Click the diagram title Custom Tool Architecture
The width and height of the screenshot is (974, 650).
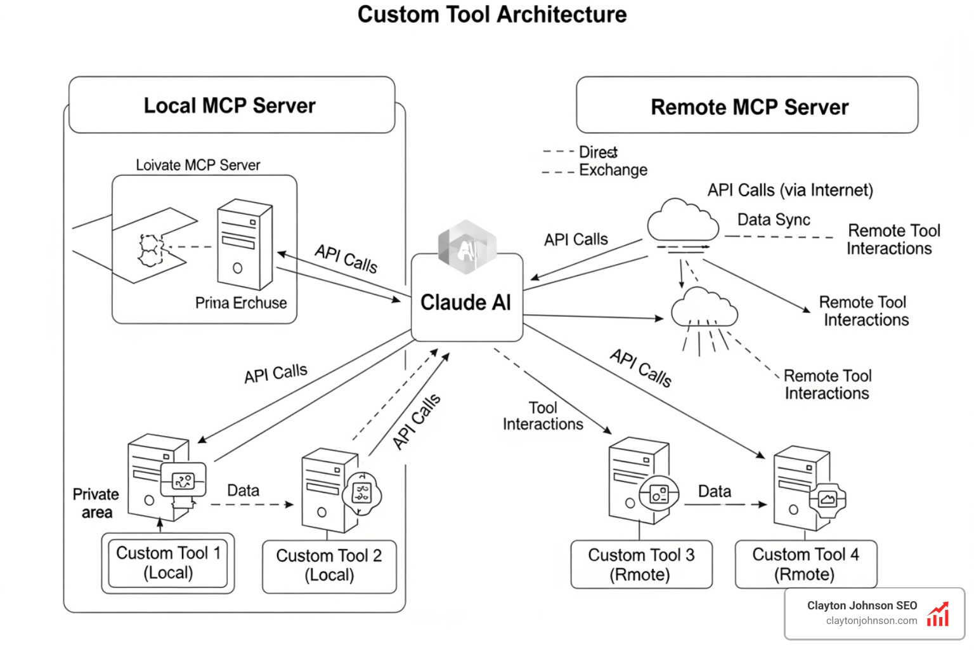tap(491, 15)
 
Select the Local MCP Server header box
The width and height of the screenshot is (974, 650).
tap(231, 105)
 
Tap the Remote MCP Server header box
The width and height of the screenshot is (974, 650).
tap(747, 106)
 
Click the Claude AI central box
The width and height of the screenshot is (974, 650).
tap(467, 302)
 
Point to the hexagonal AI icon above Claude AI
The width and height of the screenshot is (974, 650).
tap(467, 248)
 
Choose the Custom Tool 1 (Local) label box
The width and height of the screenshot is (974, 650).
tap(168, 563)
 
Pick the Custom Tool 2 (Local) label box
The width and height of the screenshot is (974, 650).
tap(329, 566)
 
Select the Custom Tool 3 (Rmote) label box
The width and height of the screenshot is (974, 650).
tap(641, 564)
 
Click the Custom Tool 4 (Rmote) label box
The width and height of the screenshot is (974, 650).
tap(805, 564)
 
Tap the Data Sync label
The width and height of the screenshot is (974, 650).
tap(774, 220)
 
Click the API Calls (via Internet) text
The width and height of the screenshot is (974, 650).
tap(790, 190)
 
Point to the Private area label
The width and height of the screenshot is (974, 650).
tap(96, 503)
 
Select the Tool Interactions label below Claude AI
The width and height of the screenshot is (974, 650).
tap(543, 416)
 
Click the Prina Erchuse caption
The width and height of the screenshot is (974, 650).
tap(240, 303)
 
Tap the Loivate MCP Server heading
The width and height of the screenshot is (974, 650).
tap(198, 165)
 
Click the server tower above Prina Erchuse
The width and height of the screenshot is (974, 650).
tap(244, 244)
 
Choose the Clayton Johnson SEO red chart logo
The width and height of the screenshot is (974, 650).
tap(938, 614)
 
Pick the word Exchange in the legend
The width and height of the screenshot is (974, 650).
tap(613, 170)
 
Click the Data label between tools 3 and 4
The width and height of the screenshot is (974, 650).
tap(715, 491)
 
